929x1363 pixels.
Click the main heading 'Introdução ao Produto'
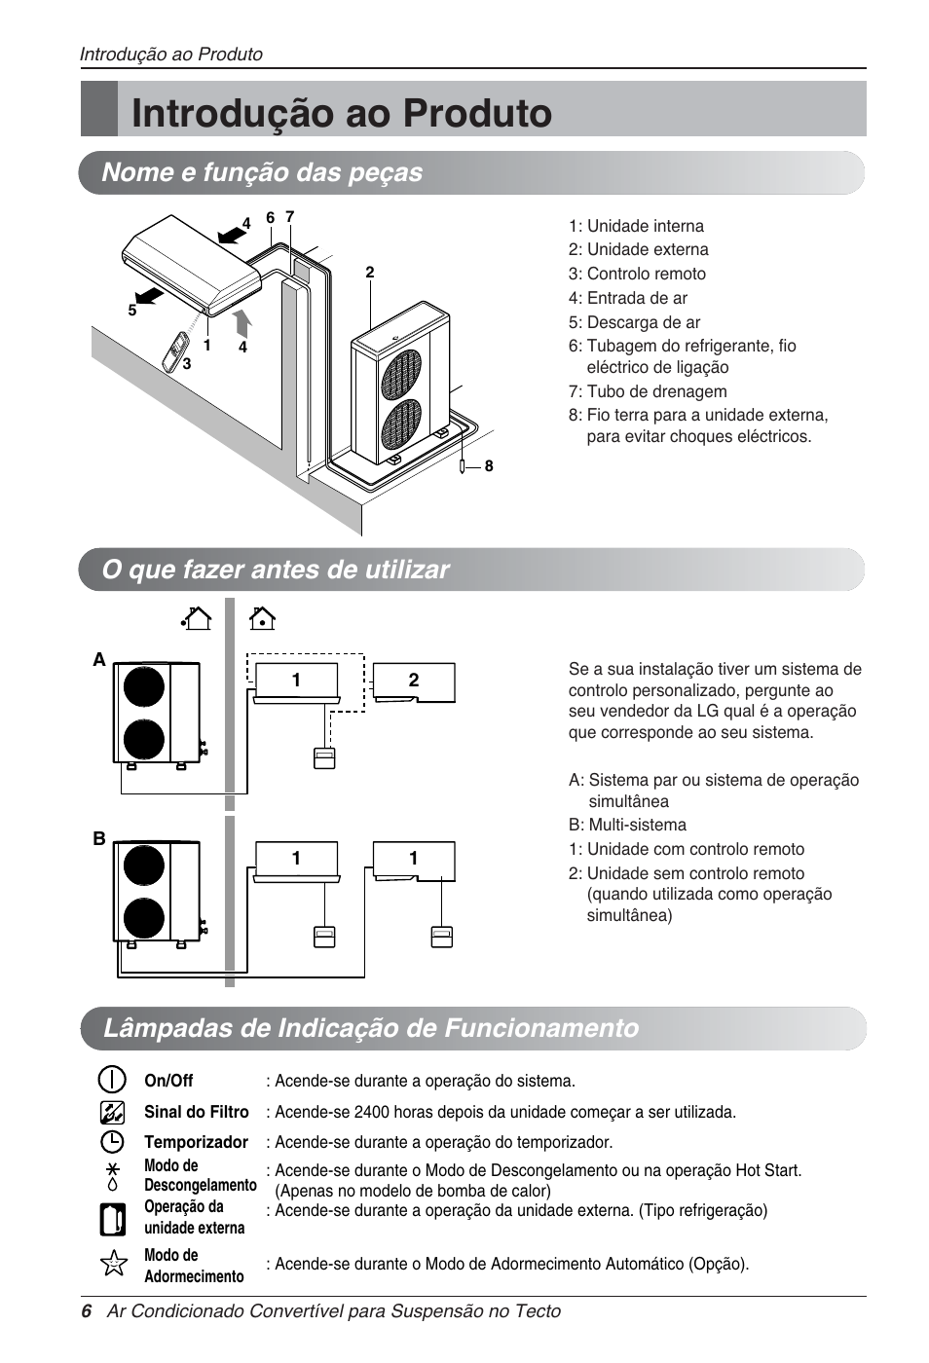(x=341, y=113)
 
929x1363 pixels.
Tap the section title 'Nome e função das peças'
(x=262, y=172)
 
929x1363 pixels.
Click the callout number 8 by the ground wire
(x=489, y=466)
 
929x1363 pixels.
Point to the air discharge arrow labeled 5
(x=148, y=294)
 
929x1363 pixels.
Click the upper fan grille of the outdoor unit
(x=400, y=373)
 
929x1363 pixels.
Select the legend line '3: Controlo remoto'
(x=637, y=274)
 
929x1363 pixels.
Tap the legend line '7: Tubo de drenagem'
(x=648, y=391)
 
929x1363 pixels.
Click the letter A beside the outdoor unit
(x=99, y=660)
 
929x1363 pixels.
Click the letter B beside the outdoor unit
(x=99, y=838)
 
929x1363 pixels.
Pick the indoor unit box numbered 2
(x=414, y=681)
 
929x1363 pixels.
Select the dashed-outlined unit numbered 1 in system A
(x=296, y=681)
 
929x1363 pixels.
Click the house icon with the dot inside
(x=262, y=618)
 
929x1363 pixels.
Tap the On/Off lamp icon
(x=113, y=1080)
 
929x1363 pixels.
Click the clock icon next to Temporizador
(x=113, y=1141)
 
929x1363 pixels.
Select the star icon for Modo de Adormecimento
(x=114, y=1264)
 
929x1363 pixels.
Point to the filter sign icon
(x=113, y=1111)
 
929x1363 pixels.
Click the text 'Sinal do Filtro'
(x=196, y=1112)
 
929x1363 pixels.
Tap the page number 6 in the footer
(x=87, y=1311)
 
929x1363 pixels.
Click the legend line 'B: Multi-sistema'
(x=627, y=825)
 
